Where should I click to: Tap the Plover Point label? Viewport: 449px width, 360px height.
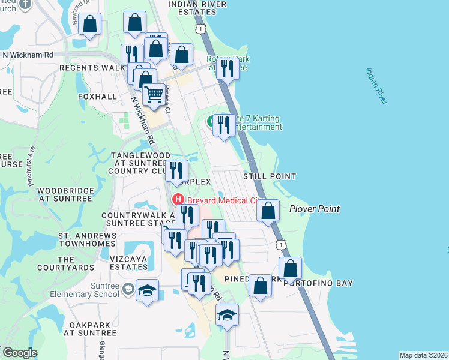point(315,209)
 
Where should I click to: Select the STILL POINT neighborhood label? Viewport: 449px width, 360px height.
point(270,176)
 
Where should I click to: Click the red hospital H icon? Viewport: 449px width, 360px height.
point(178,199)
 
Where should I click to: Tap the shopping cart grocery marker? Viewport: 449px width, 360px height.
point(154,94)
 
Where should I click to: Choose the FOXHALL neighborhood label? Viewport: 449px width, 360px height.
point(97,96)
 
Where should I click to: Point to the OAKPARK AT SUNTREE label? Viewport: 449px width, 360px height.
point(92,329)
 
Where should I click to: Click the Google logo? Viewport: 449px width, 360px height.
point(20,353)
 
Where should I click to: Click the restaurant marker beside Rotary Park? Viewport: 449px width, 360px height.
point(227,68)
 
